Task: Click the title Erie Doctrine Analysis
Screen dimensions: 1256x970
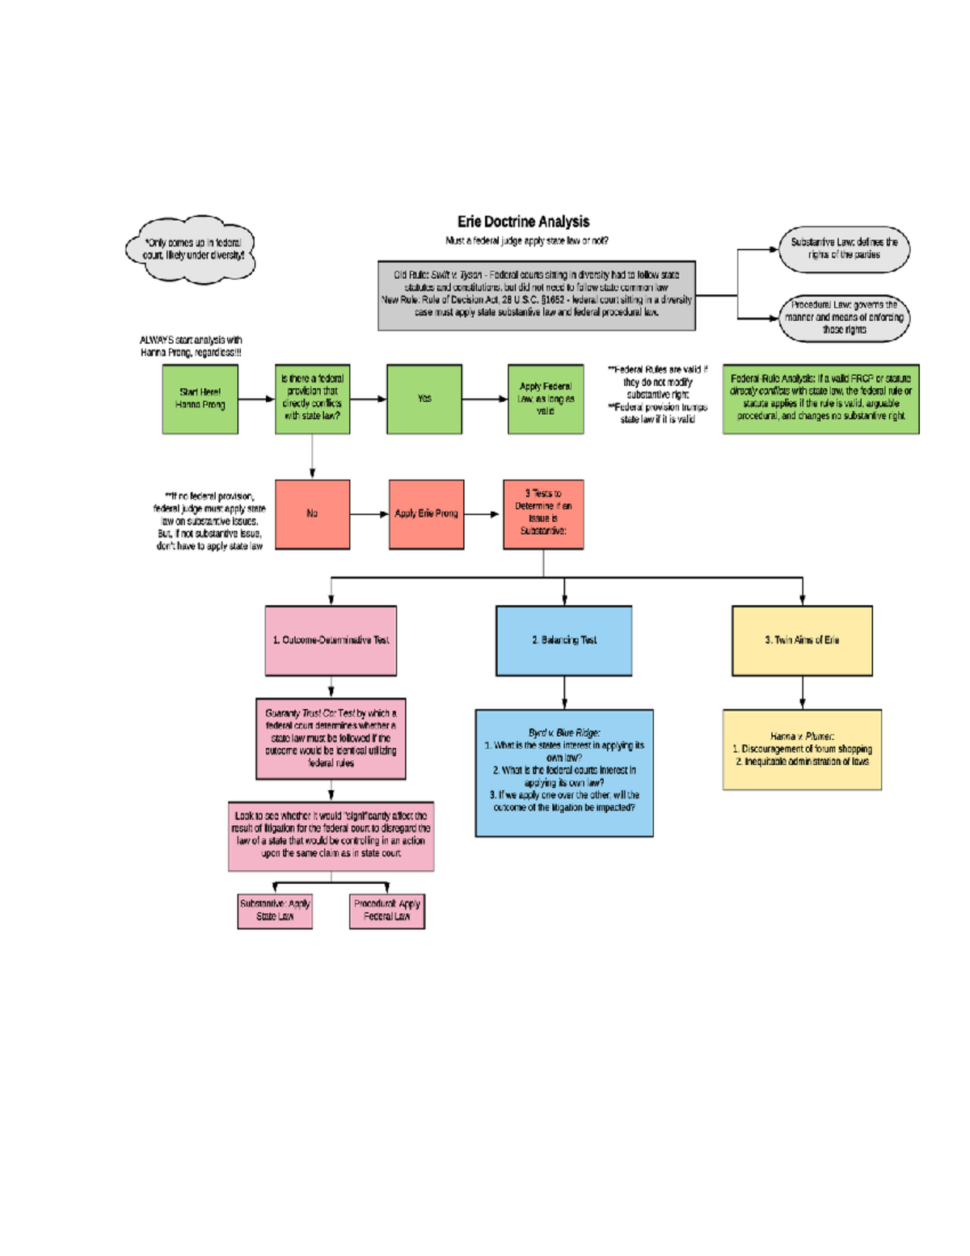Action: (x=523, y=222)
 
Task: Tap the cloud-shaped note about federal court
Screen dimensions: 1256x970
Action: (x=192, y=249)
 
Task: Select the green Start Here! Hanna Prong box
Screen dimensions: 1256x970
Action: (x=200, y=399)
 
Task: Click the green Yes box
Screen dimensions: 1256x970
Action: (x=424, y=399)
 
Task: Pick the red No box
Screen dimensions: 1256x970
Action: (x=312, y=514)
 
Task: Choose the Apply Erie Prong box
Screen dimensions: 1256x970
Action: (x=426, y=514)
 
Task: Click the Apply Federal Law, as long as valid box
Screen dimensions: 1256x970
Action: (x=546, y=399)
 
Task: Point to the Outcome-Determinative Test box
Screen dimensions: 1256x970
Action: (x=331, y=641)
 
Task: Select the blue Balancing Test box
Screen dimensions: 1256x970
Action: (x=563, y=641)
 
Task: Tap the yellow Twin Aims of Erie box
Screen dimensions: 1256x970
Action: (x=802, y=641)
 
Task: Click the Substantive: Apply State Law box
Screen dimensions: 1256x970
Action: (x=275, y=911)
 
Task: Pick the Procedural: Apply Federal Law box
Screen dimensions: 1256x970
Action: (x=387, y=911)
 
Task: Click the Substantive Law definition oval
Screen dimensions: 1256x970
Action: (x=844, y=249)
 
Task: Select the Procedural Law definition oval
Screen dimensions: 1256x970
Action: (x=844, y=318)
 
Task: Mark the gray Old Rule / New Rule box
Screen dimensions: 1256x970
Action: (x=537, y=295)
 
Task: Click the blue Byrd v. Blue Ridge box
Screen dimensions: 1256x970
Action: (x=564, y=773)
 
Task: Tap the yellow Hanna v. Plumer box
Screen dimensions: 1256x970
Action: (x=802, y=750)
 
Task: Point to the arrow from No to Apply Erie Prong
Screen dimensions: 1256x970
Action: (x=369, y=514)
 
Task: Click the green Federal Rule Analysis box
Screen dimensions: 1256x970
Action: (x=820, y=399)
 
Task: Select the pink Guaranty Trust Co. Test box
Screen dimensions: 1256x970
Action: (x=331, y=739)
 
